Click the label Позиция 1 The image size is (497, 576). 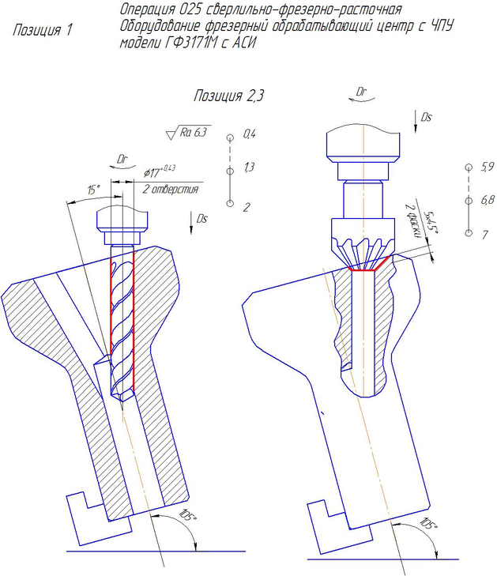[43, 30]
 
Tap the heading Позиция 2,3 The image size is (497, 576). [228, 96]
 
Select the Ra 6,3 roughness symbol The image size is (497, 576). [188, 133]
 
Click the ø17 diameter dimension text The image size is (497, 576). [160, 171]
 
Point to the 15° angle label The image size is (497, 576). [94, 190]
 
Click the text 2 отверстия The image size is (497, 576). [170, 190]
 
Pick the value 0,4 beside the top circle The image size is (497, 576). [250, 134]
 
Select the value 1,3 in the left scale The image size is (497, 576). [249, 168]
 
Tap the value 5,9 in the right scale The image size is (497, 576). [488, 167]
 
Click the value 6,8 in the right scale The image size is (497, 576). [488, 200]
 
